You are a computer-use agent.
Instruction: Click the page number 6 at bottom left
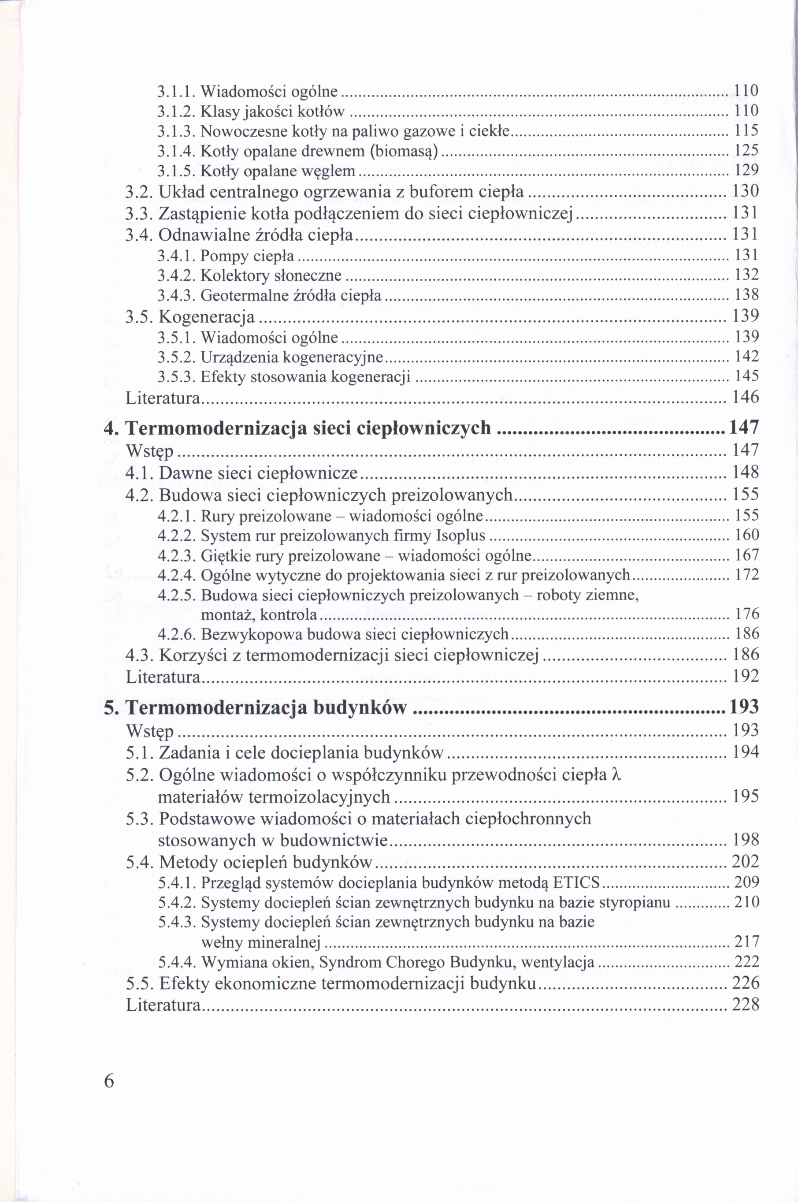pyautogui.click(x=109, y=1081)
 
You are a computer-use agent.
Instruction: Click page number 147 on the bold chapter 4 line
pyautogui.click(x=744, y=428)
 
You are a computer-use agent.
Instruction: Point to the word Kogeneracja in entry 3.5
pyautogui.click(x=207, y=317)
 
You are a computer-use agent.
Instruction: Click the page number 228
pyautogui.click(x=746, y=1005)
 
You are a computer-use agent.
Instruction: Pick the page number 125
pyautogui.click(x=746, y=150)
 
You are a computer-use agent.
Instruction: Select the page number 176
pyautogui.click(x=746, y=614)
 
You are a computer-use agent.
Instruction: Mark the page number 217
pyautogui.click(x=746, y=942)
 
